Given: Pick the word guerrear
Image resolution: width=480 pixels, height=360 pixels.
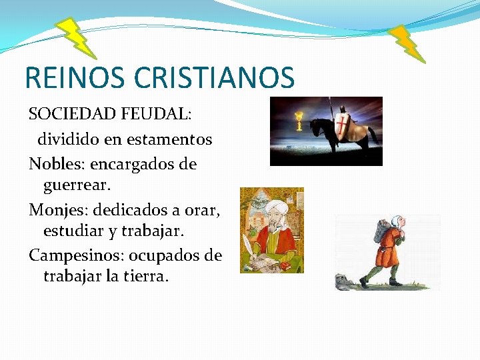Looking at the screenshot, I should click(79, 183).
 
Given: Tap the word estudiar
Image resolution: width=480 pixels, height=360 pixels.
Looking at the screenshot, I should click(74, 232).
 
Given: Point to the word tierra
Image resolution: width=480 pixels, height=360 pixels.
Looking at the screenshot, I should click(144, 275).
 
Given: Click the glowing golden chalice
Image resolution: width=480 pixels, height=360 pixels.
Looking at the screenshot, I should click(300, 121).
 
